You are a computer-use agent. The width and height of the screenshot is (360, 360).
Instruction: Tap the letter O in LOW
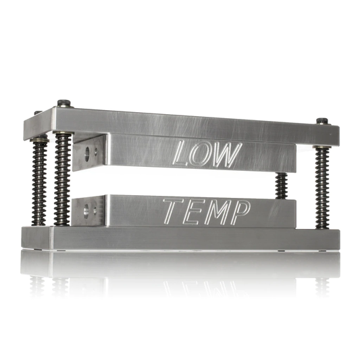pyautogui.click(x=203, y=155)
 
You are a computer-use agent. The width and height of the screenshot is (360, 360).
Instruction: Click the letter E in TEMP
pyautogui.click(x=194, y=212)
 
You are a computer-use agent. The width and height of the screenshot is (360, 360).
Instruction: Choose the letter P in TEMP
pyautogui.click(x=240, y=213)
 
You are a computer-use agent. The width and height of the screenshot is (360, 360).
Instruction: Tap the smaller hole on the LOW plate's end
pyautogui.click(x=96, y=151)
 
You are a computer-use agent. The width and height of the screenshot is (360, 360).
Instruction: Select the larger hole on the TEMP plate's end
pyautogui.click(x=86, y=211)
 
